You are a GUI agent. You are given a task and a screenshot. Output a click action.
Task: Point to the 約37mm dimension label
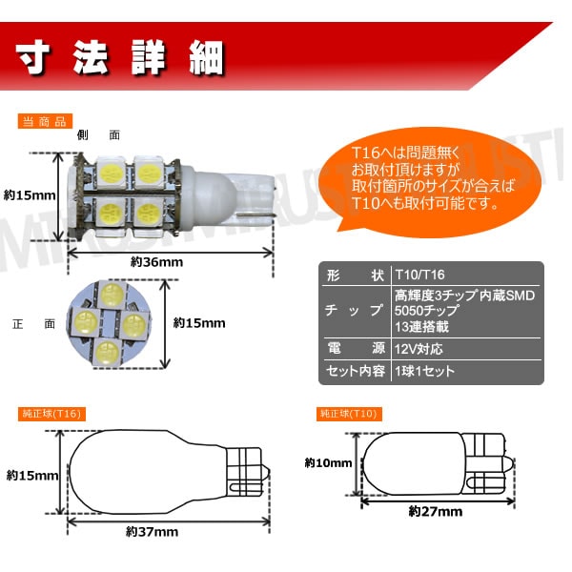point(152,530)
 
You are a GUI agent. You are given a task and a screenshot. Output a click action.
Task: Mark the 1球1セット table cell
point(424,371)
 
